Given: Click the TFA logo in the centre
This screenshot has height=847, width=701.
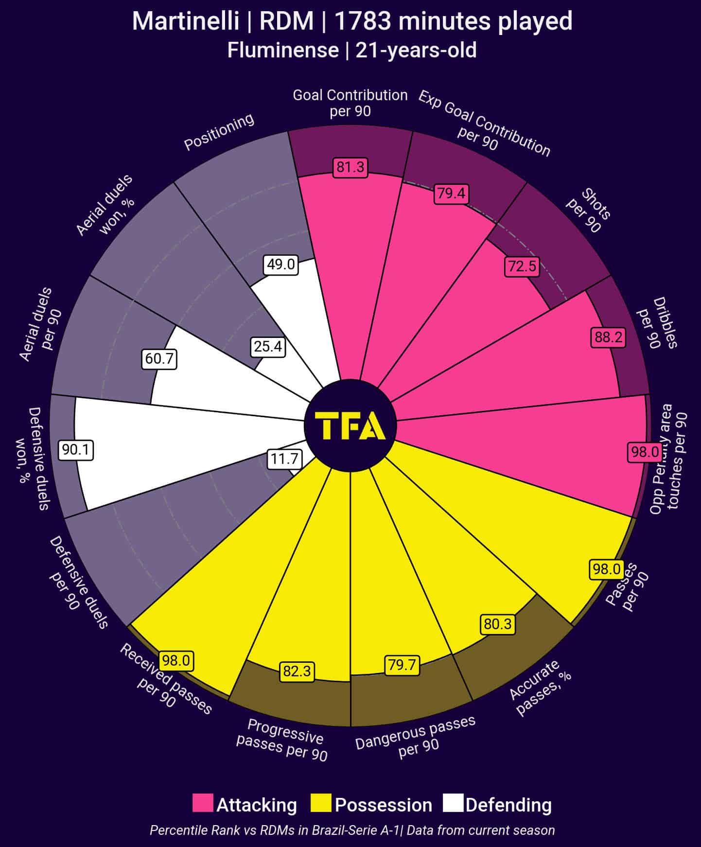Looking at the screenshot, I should (350, 425).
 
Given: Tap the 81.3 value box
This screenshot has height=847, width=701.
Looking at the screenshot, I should (350, 168).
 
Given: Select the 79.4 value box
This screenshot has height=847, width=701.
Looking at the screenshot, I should (451, 194).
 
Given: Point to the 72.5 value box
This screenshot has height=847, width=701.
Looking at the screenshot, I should (522, 266).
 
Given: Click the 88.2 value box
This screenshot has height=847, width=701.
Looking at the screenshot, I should (608, 337).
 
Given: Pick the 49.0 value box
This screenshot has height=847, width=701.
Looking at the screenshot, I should (281, 265).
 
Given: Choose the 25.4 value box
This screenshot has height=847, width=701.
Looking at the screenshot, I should (268, 347).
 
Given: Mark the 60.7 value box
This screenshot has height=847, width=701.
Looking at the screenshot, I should (159, 359).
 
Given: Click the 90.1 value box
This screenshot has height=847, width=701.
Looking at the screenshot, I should (76, 450).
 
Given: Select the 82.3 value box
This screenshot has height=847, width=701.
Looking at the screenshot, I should (297, 671).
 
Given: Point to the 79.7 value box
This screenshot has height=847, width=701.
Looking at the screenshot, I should (402, 665).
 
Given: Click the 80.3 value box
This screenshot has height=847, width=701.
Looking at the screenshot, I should (498, 624).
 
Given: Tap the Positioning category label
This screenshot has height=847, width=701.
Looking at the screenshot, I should (219, 132).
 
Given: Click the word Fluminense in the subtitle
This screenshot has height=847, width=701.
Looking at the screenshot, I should (283, 51).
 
